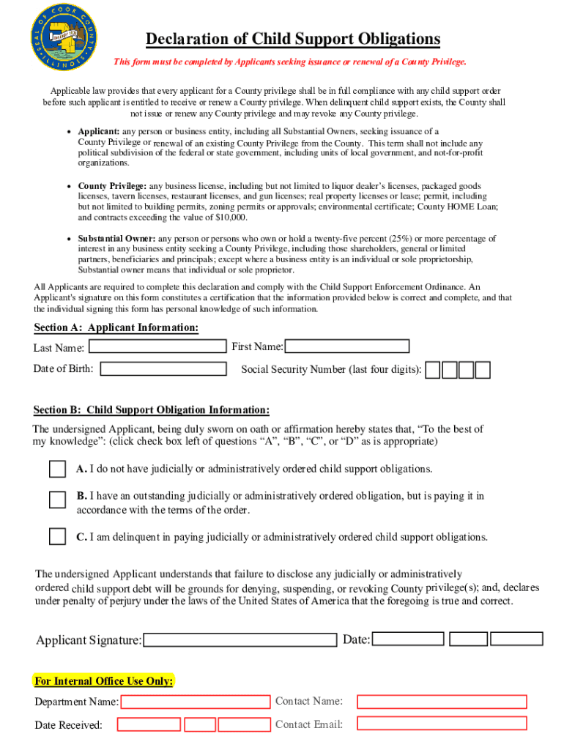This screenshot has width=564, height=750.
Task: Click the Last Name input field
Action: pyautogui.click(x=157, y=346)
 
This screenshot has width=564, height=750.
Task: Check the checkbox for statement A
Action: pyautogui.click(x=57, y=469)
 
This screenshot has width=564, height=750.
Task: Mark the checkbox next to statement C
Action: pyautogui.click(x=57, y=537)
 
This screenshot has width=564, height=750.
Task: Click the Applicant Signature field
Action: pyautogui.click(x=241, y=640)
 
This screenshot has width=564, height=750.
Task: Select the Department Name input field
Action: pyautogui.click(x=196, y=702)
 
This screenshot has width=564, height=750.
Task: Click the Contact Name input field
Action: pyautogui.click(x=442, y=702)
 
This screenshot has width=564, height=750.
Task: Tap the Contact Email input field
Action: pyautogui.click(x=442, y=724)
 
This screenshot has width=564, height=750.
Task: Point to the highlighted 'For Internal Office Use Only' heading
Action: pyautogui.click(x=104, y=681)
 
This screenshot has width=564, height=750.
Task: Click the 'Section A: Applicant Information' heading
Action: pyautogui.click(x=116, y=327)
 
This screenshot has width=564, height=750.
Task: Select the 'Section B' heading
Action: pyautogui.click(x=151, y=409)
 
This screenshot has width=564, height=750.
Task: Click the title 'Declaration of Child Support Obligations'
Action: pyautogui.click(x=293, y=39)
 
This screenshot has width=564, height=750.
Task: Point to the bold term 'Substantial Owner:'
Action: pyautogui.click(x=116, y=239)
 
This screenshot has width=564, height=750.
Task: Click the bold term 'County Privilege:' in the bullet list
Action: pyautogui.click(x=112, y=187)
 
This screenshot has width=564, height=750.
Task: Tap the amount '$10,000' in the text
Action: pyautogui.click(x=229, y=218)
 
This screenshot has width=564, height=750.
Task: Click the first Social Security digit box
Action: pyautogui.click(x=434, y=370)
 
